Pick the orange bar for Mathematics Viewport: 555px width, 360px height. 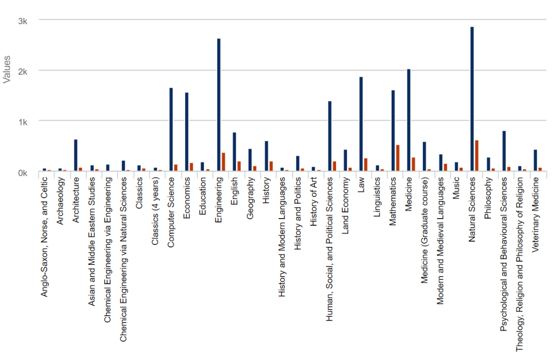pos(398,158)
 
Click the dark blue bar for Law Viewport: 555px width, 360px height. pos(361,124)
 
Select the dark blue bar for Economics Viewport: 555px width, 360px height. pos(187,132)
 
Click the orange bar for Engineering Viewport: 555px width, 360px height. pos(224,162)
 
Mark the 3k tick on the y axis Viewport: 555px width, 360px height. pos(23,21)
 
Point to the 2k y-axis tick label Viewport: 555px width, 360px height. pos(23,71)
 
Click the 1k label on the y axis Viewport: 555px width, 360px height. pos(23,122)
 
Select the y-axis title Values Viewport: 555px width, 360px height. pos(7,70)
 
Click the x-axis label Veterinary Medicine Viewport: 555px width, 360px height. pos(535,214)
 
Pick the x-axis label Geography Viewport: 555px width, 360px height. pos(250,199)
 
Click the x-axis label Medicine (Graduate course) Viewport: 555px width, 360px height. pos(424,231)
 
